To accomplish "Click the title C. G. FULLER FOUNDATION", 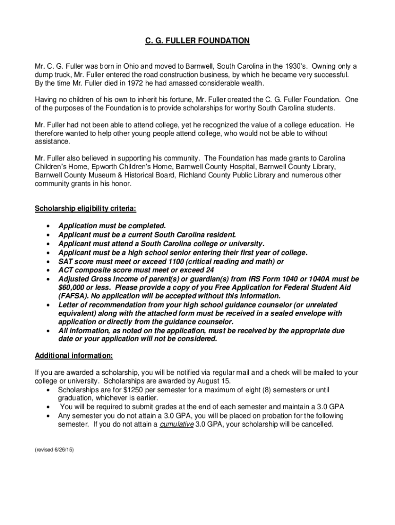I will click(x=197, y=41).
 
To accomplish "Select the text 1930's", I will click(x=288, y=66).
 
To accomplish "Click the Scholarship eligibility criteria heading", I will click(x=85, y=209).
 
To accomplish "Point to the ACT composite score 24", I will click(x=209, y=270).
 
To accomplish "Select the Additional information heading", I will click(x=73, y=355).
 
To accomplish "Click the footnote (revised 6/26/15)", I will click(x=54, y=449).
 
